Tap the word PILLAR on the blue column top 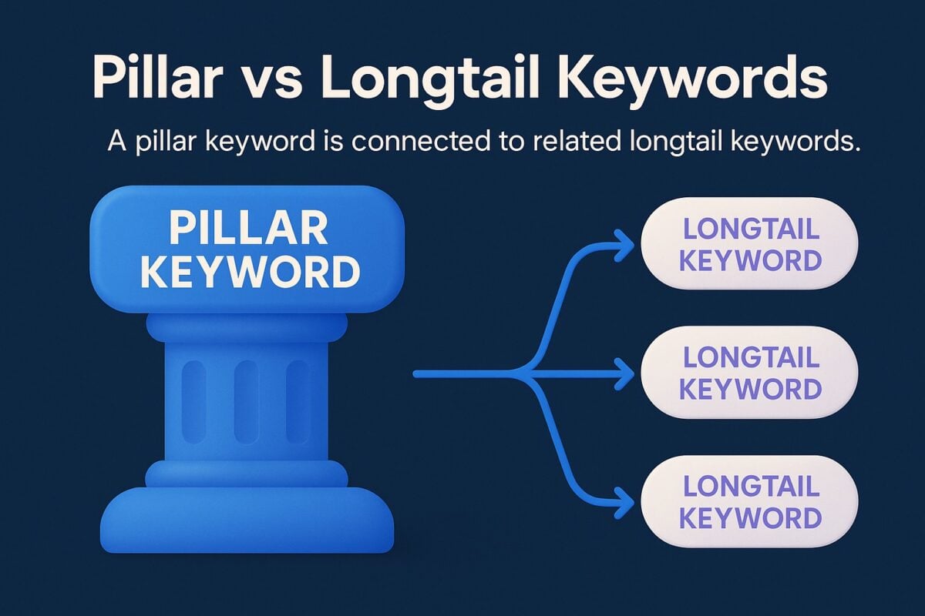point(247,230)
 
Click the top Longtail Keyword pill point(748,244)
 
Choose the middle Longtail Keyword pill point(748,373)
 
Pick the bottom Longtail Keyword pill point(748,502)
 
